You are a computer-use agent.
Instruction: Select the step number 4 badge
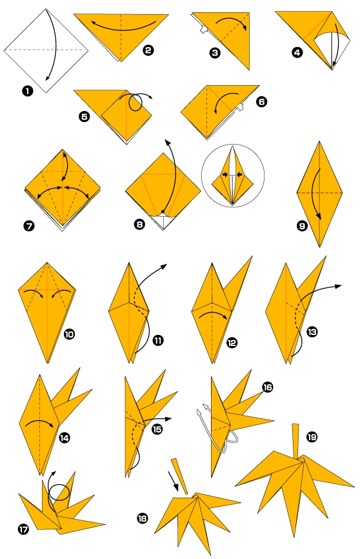coord(297,53)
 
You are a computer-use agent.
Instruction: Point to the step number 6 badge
coord(261,101)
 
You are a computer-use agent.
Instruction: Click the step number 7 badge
coord(28,225)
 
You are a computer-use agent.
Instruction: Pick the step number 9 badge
coord(302,226)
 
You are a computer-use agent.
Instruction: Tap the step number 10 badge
coord(70,334)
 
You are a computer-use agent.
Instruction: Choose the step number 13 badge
coord(312,332)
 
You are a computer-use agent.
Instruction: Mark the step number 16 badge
coord(268,387)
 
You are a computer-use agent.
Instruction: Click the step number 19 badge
coord(312,437)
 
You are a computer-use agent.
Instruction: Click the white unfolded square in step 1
coord(45,50)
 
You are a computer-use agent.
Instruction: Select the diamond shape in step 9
coord(320,194)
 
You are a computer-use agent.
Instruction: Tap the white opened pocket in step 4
coord(329,48)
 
